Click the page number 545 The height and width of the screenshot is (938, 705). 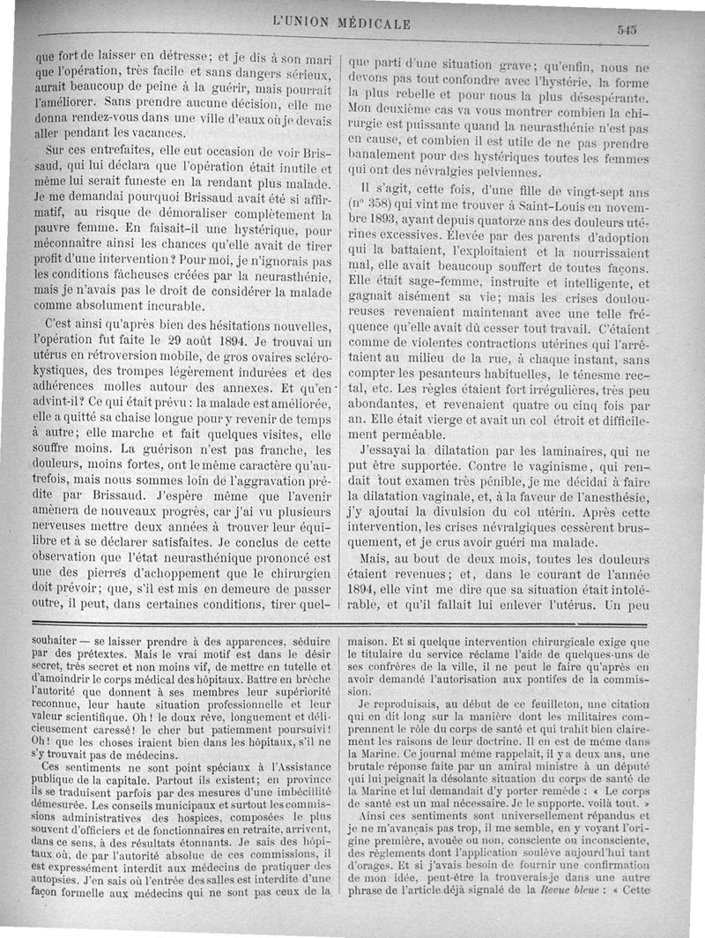pyautogui.click(x=627, y=28)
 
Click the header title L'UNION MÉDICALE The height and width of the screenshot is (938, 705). pyautogui.click(x=343, y=24)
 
